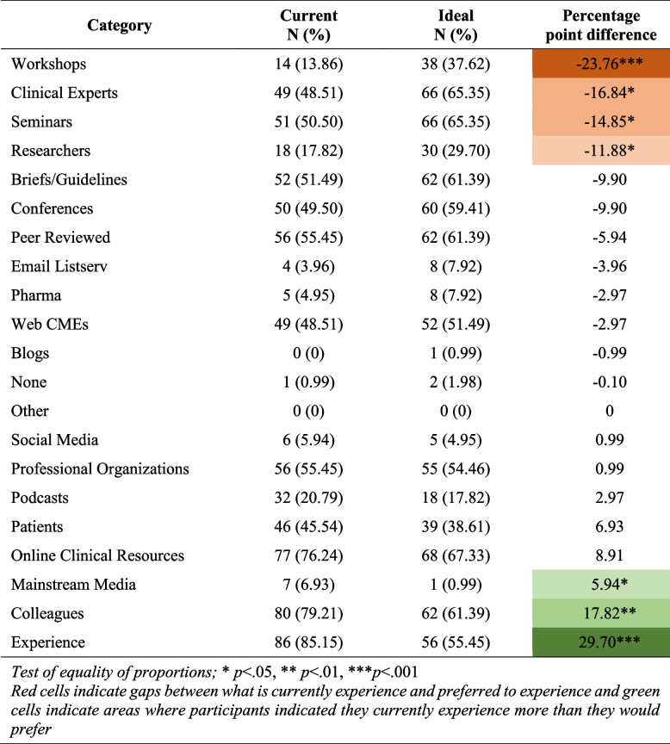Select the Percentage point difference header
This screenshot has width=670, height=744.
pyautogui.click(x=601, y=26)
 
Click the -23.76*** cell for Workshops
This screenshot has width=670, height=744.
pyautogui.click(x=601, y=63)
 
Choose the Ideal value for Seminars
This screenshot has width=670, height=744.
pyautogui.click(x=470, y=121)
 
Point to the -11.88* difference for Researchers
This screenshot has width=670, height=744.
pyautogui.click(x=601, y=151)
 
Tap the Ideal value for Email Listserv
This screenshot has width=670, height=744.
pyautogui.click(x=470, y=266)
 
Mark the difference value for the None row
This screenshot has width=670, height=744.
pyautogui.click(x=601, y=381)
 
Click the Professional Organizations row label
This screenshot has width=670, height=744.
pyautogui.click(x=101, y=468)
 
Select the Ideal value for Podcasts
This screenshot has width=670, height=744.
pyautogui.click(x=470, y=498)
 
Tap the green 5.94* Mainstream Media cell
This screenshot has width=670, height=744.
pyautogui.click(x=601, y=585)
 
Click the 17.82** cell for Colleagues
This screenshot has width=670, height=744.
pyautogui.click(x=601, y=613)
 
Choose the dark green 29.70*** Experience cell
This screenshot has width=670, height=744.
pyautogui.click(x=601, y=642)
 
